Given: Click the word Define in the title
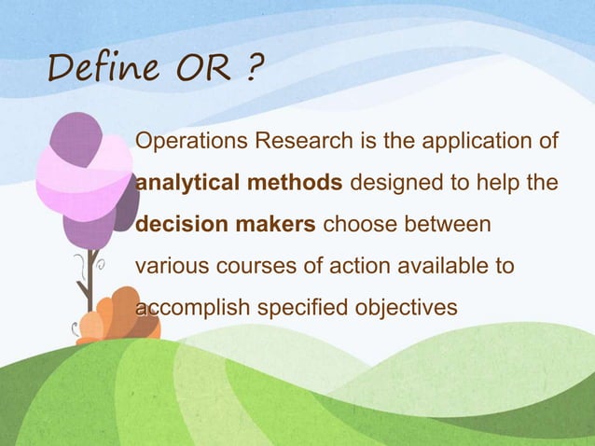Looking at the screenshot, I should pos(95,68).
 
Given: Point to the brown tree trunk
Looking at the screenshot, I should pos(90,280).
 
